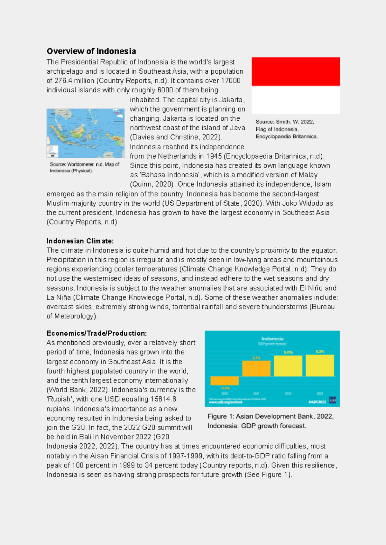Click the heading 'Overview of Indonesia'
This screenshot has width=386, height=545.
(x=91, y=51)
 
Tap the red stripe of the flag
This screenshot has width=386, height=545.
(x=295, y=71)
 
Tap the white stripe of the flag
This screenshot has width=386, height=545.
(x=295, y=100)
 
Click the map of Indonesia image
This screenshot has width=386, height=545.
(x=85, y=133)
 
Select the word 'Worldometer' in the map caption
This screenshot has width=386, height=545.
(x=80, y=164)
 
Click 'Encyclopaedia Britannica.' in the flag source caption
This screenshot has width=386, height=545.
(x=286, y=136)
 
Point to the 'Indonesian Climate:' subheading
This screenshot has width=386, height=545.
(x=80, y=241)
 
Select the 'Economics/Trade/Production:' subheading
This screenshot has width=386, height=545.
(x=96, y=333)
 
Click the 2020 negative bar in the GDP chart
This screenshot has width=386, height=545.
(x=224, y=381)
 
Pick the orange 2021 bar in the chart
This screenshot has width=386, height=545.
(x=256, y=369)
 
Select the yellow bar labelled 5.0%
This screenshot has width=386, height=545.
(x=288, y=366)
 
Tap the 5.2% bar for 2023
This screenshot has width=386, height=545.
(x=319, y=365)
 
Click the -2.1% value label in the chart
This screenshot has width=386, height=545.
(x=225, y=388)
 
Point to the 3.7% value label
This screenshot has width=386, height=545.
(x=256, y=358)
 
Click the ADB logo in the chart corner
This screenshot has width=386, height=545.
(x=332, y=401)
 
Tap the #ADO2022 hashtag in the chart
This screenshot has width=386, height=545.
(x=317, y=402)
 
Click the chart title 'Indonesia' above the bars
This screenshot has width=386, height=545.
(x=272, y=338)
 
